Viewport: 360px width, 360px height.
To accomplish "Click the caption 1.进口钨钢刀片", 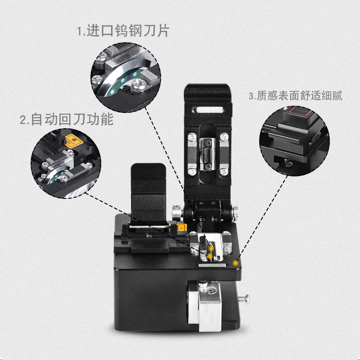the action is (x=123, y=31).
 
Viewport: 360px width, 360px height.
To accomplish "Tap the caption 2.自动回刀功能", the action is (x=67, y=119).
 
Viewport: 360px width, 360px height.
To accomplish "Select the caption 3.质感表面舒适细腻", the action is (x=296, y=95).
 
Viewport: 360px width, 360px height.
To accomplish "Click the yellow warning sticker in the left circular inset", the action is (x=74, y=141).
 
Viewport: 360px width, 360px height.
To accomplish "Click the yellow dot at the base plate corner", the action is (x=235, y=263).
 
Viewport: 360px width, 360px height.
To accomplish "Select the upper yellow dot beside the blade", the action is (x=211, y=248).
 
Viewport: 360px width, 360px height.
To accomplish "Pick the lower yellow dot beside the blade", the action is (x=209, y=256).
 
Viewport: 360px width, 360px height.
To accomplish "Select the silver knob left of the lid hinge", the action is (x=177, y=210).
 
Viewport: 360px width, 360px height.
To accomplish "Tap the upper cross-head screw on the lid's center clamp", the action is (x=208, y=143).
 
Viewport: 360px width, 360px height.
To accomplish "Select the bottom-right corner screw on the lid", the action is (x=223, y=171).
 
